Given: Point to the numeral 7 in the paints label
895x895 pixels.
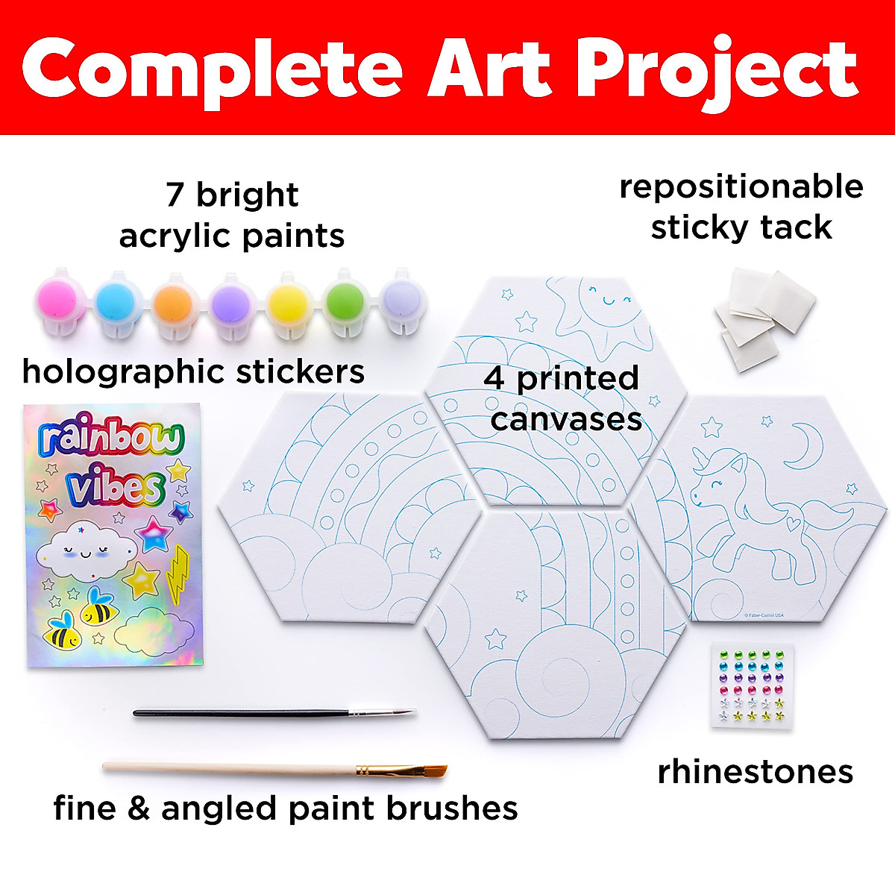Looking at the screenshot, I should [x=175, y=195].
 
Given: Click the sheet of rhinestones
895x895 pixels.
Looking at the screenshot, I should [x=751, y=683].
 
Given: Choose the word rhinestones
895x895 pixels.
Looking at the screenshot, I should [x=755, y=773].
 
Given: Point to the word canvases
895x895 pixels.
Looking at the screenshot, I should [x=566, y=419].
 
